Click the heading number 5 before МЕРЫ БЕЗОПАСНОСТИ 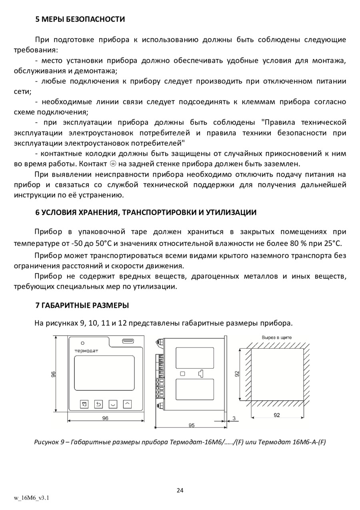click(38, 19)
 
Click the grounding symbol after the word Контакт click(113, 164)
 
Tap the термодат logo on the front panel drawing click(86, 351)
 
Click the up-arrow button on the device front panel click(127, 404)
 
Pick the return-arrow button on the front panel click(98, 404)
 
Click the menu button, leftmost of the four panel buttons click(84, 404)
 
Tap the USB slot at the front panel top click(128, 341)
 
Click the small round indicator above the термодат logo click(82, 343)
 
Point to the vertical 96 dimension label click(53, 374)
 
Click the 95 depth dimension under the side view click(192, 425)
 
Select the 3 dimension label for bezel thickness click(234, 418)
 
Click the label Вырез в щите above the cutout click(276, 337)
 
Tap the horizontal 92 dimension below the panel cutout click(277, 415)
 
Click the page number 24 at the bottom click(180, 490)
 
